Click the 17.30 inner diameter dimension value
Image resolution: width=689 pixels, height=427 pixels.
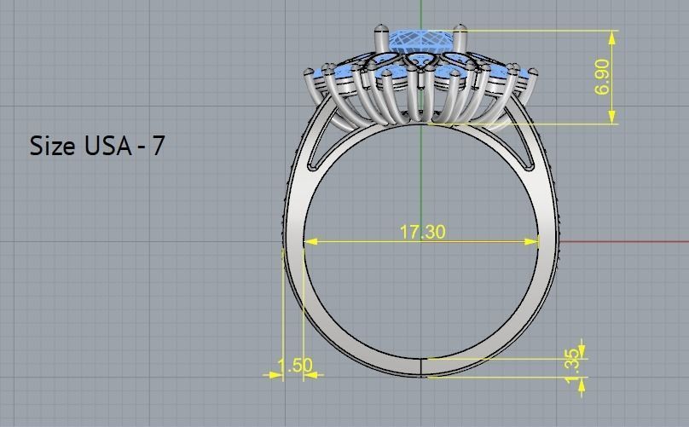[422, 232]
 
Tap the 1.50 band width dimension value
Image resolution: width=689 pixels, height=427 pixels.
[295, 365]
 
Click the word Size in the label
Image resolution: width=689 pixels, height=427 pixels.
[53, 146]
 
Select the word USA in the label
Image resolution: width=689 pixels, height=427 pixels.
[107, 146]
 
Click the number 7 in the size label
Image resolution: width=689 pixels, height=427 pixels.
[158, 146]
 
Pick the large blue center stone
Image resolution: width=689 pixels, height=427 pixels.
[420, 42]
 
